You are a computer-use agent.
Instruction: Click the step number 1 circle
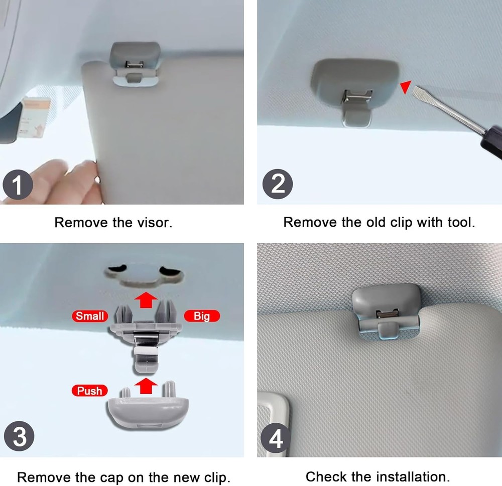click(18, 185)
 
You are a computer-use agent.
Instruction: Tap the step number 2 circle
click(278, 184)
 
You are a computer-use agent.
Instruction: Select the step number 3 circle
click(19, 436)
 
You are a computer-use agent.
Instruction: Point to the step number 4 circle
click(276, 438)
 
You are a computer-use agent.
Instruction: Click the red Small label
click(90, 316)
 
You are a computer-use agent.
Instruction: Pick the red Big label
click(202, 316)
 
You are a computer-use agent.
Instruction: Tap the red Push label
click(90, 391)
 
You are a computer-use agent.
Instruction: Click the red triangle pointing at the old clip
click(406, 86)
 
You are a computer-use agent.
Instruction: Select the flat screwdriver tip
click(417, 92)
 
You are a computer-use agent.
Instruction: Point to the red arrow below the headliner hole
click(146, 300)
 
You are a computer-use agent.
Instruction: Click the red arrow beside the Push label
click(146, 386)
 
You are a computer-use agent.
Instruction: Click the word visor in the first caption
click(154, 222)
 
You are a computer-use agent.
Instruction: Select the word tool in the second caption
click(461, 222)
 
